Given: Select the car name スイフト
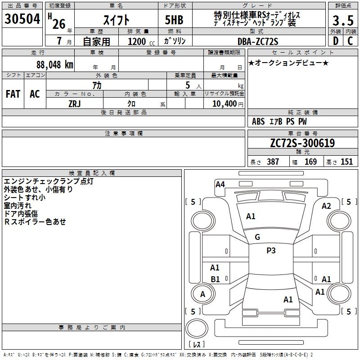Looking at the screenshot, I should point(116,20).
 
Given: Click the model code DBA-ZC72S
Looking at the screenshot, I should point(258,41).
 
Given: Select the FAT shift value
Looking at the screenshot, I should point(13,94).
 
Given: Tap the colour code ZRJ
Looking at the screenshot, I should point(74,103).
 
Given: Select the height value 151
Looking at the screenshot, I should point(346,162).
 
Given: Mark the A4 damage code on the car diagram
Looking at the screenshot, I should point(220,184).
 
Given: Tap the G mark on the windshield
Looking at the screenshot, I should point(257,237).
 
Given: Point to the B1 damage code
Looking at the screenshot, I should point(216,279).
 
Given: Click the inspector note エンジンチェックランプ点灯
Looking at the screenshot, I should point(49,181).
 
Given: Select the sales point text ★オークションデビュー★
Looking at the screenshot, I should point(288,63).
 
